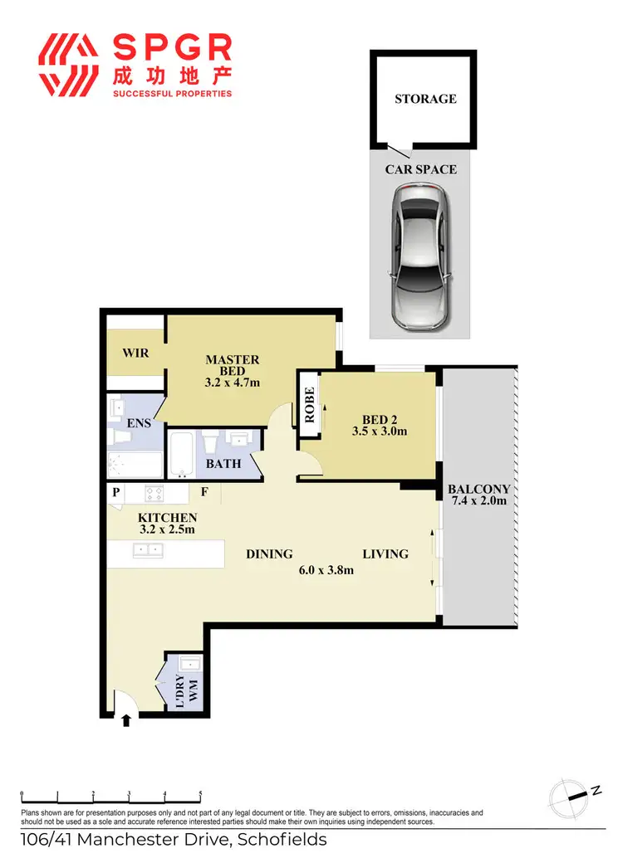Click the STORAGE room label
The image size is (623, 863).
pyautogui.click(x=425, y=99)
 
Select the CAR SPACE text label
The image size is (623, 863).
pyautogui.click(x=420, y=169)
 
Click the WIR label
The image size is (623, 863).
pyautogui.click(x=135, y=353)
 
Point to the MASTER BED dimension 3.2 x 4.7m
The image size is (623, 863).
pyautogui.click(x=233, y=383)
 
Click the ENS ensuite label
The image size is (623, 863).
pyautogui.click(x=138, y=423)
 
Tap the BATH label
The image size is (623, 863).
pyautogui.click(x=223, y=463)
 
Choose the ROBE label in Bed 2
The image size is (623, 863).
pyautogui.click(x=309, y=405)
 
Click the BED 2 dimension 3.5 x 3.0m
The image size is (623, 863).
pyautogui.click(x=378, y=431)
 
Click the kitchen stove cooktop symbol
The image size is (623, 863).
pyautogui.click(x=155, y=492)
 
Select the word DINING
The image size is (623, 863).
pyautogui.click(x=269, y=553)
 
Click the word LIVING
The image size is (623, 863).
pyautogui.click(x=385, y=553)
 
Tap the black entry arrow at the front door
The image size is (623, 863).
pyautogui.click(x=126, y=719)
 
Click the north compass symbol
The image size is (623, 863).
pyautogui.click(x=568, y=795)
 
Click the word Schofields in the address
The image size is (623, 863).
pyautogui.click(x=282, y=840)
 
